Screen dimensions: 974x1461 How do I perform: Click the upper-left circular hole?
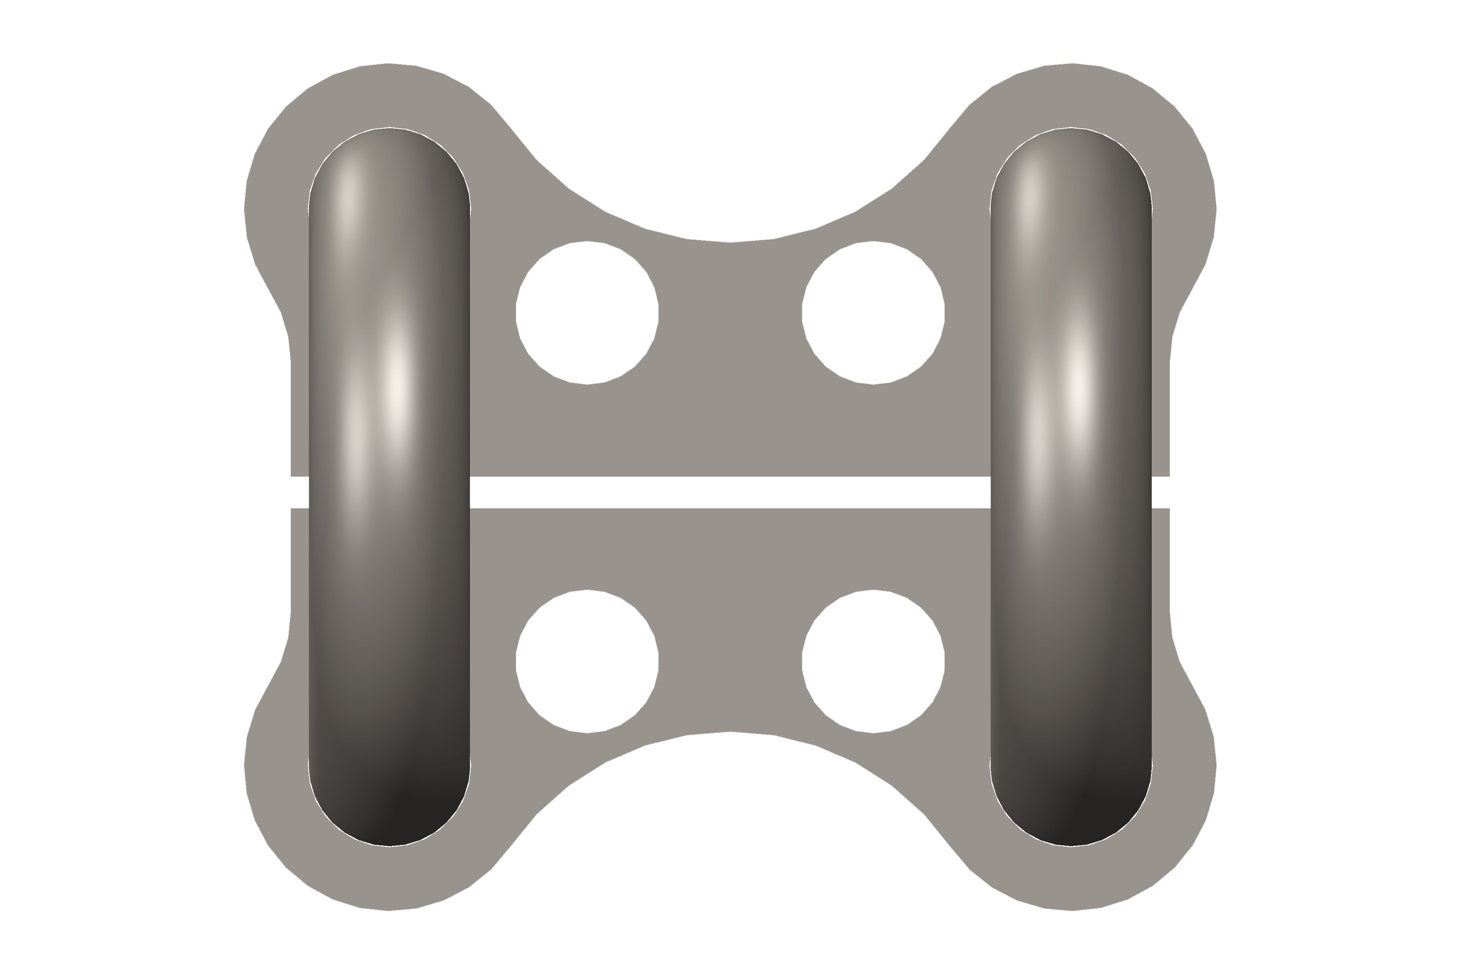pyautogui.click(x=587, y=312)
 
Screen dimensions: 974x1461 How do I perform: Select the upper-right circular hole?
pyautogui.click(x=873, y=312)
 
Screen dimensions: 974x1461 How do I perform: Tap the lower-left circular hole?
pyautogui.click(x=587, y=661)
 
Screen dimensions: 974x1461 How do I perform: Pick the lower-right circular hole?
pyautogui.click(x=873, y=661)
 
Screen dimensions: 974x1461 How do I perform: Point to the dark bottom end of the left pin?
pyautogui.click(x=390, y=814)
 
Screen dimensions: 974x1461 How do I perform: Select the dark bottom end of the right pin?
pyautogui.click(x=1071, y=814)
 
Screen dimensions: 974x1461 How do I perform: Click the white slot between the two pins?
pyautogui.click(x=730, y=492)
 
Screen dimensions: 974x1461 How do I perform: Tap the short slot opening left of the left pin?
pyautogui.click(x=300, y=492)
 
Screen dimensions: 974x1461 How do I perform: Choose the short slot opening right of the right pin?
pyautogui.click(x=1161, y=492)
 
